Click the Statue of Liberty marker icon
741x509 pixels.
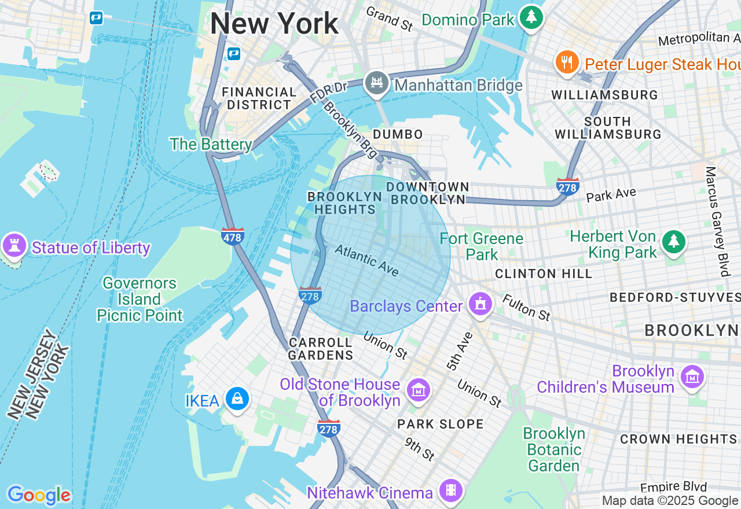tap(14, 246)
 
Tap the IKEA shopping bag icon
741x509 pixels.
tap(237, 399)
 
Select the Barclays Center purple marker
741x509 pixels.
tap(480, 303)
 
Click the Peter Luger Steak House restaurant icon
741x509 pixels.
tap(567, 62)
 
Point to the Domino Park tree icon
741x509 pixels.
tap(531, 17)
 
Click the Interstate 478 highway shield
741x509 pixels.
tap(233, 236)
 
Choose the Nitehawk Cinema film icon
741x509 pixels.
tap(451, 491)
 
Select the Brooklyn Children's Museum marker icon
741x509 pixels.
tap(692, 377)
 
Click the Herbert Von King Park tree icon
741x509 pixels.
tap(673, 242)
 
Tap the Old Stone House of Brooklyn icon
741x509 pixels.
tap(419, 390)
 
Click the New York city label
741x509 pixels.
tap(274, 24)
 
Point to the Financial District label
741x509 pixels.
tap(259, 98)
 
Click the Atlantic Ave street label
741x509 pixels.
tap(367, 260)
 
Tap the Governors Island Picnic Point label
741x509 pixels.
tap(140, 299)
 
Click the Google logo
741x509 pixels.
tap(39, 495)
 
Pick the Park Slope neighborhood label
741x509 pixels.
tap(440, 424)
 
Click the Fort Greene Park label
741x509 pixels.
tap(482, 246)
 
